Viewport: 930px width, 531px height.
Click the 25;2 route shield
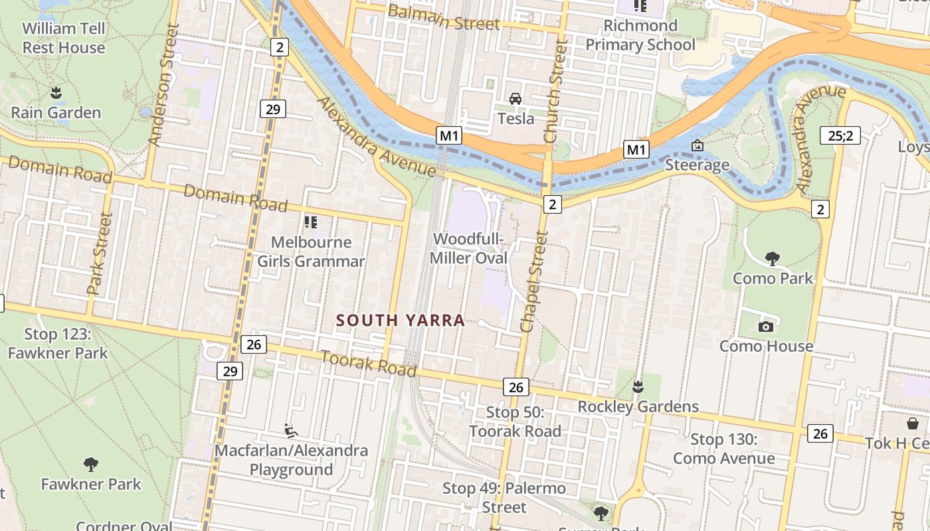pos(840,136)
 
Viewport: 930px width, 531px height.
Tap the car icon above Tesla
pos(515,99)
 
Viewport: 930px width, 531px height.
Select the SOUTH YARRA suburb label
pos(400,321)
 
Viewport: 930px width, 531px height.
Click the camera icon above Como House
pos(766,327)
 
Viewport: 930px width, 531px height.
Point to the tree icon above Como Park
pos(772,258)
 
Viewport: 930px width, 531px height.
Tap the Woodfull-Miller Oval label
pos(469,248)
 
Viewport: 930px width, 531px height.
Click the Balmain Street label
pos(443,17)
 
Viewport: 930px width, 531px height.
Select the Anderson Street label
pos(162,85)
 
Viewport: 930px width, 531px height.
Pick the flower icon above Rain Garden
pos(56,92)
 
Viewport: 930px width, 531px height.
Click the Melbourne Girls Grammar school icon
pos(310,222)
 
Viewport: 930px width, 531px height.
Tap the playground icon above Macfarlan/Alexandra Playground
pos(290,431)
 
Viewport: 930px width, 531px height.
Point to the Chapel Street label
pos(535,281)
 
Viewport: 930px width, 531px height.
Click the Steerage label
pos(697,165)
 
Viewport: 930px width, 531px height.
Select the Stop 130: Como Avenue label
pos(723,449)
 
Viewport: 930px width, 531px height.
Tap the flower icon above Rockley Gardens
pos(638,386)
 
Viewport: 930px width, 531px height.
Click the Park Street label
pos(98,254)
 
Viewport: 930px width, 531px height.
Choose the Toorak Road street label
pos(369,363)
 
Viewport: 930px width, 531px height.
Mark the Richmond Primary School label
pos(640,35)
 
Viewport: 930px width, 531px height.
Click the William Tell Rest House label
pos(64,38)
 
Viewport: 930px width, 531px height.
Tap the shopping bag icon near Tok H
pos(913,423)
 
